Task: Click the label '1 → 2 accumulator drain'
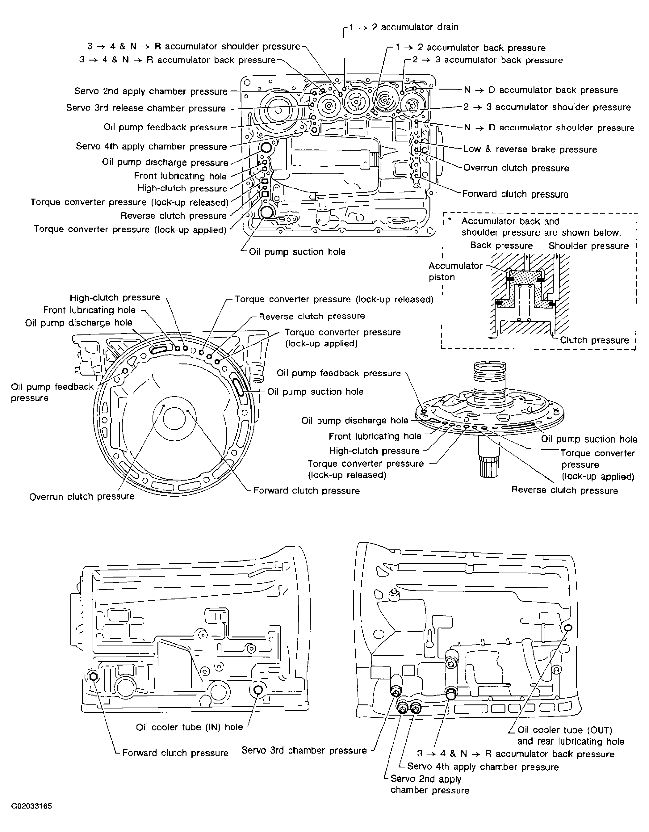(x=404, y=27)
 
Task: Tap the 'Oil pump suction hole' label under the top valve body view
(x=297, y=252)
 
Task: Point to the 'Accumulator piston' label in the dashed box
(x=455, y=271)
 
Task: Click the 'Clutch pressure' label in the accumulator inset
(x=594, y=340)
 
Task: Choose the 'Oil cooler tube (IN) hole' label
(x=189, y=727)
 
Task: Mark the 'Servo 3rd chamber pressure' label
(x=304, y=750)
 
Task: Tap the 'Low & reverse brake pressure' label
(x=530, y=149)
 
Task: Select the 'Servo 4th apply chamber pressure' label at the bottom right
(x=483, y=767)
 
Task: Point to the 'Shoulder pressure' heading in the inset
(x=588, y=246)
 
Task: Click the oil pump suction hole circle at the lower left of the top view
(x=266, y=212)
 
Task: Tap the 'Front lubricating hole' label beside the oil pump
(x=375, y=436)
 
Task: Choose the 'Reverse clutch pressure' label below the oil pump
(x=564, y=490)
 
